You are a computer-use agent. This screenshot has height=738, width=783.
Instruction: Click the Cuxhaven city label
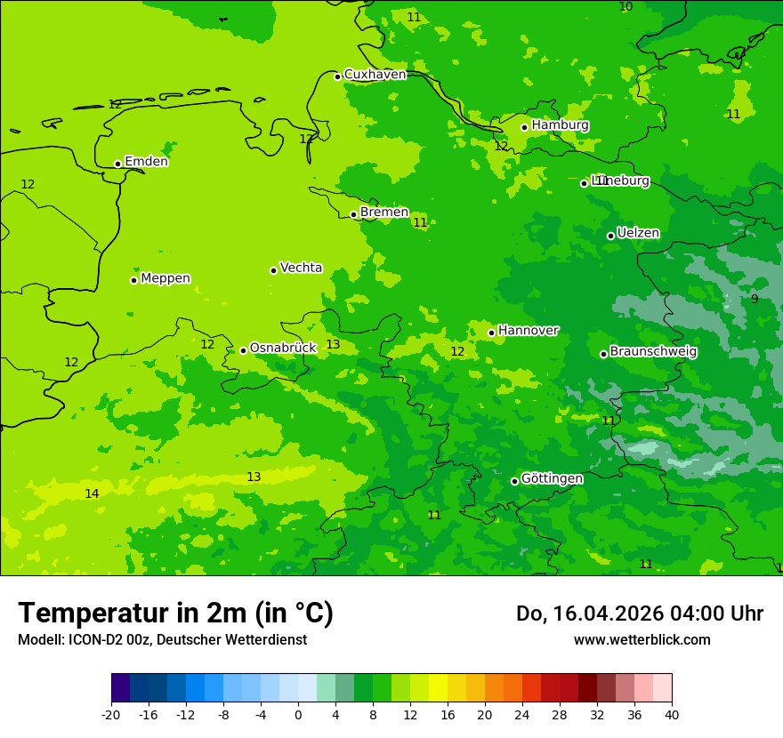coord(375,75)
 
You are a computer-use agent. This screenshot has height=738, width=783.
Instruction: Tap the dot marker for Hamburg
coord(525,127)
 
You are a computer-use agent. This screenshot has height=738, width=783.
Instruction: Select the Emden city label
coord(146,162)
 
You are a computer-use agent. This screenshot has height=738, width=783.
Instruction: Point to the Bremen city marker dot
coord(353,214)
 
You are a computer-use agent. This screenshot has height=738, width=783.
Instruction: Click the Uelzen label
coord(638,234)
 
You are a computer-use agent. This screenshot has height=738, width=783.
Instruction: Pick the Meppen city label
coord(165,278)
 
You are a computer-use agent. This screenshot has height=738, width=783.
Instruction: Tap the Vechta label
coord(301,268)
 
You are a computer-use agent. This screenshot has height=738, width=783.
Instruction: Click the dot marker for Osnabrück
coord(243,350)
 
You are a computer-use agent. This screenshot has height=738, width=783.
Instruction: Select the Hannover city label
coord(528,331)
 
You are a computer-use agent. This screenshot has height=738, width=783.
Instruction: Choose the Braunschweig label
coord(653,352)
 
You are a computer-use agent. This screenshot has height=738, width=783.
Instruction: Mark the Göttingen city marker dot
coord(514,481)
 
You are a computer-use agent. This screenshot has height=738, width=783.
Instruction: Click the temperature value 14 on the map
coord(92,494)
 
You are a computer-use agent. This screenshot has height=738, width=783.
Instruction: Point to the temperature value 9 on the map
coord(755,300)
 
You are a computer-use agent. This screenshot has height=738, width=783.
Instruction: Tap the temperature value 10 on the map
coord(626,7)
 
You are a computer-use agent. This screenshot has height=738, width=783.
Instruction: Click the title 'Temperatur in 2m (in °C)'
coord(175,614)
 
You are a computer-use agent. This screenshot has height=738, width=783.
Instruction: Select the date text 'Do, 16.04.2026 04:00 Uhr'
coord(640,614)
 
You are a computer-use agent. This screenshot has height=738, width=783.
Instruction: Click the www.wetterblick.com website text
coord(642,640)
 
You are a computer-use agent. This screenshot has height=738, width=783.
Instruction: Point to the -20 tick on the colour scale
coord(111,715)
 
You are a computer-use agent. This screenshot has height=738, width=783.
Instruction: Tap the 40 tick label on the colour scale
coord(671,715)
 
